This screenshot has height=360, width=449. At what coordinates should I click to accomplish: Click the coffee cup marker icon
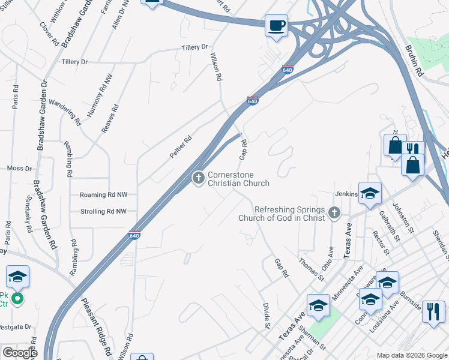pyautogui.click(x=276, y=26)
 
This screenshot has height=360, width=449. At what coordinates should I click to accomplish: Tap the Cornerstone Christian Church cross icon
pyautogui.click(x=197, y=178)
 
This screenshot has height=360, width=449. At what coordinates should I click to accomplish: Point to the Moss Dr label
pyautogui.click(x=19, y=169)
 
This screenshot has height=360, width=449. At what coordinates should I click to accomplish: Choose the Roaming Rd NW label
pyautogui.click(x=104, y=195)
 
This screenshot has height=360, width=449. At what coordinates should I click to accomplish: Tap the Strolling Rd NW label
pyautogui.click(x=104, y=211)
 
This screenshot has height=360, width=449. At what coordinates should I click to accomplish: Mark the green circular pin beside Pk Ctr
pyautogui.click(x=18, y=298)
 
